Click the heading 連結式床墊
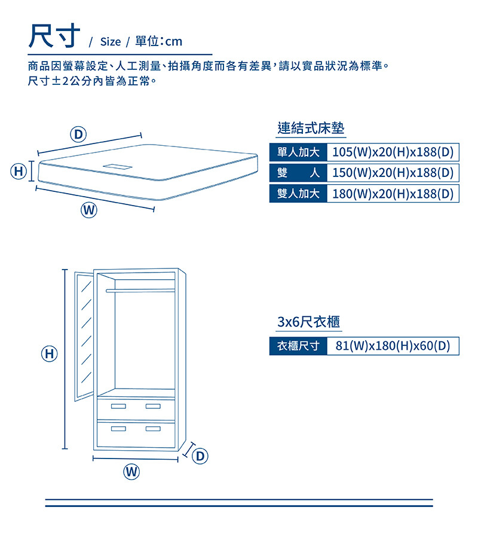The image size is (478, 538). pos(311,128)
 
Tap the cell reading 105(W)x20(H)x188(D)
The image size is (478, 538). pos(393,152)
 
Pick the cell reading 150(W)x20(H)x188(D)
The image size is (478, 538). pos(393,173)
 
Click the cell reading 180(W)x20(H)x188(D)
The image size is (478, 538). pos(393,194)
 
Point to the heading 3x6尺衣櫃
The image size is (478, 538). pos(309,322)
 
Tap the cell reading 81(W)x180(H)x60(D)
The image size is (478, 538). pos(393,346)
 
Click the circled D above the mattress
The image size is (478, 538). pos(78,133)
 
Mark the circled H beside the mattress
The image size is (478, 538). pos(19,172)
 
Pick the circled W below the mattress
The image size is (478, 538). pos(89,210)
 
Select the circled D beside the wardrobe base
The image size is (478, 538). pos(200,457)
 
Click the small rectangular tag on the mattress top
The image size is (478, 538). pos(118,166)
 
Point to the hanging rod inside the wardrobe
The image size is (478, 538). pos(140,291)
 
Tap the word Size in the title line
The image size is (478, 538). pos(110,42)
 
